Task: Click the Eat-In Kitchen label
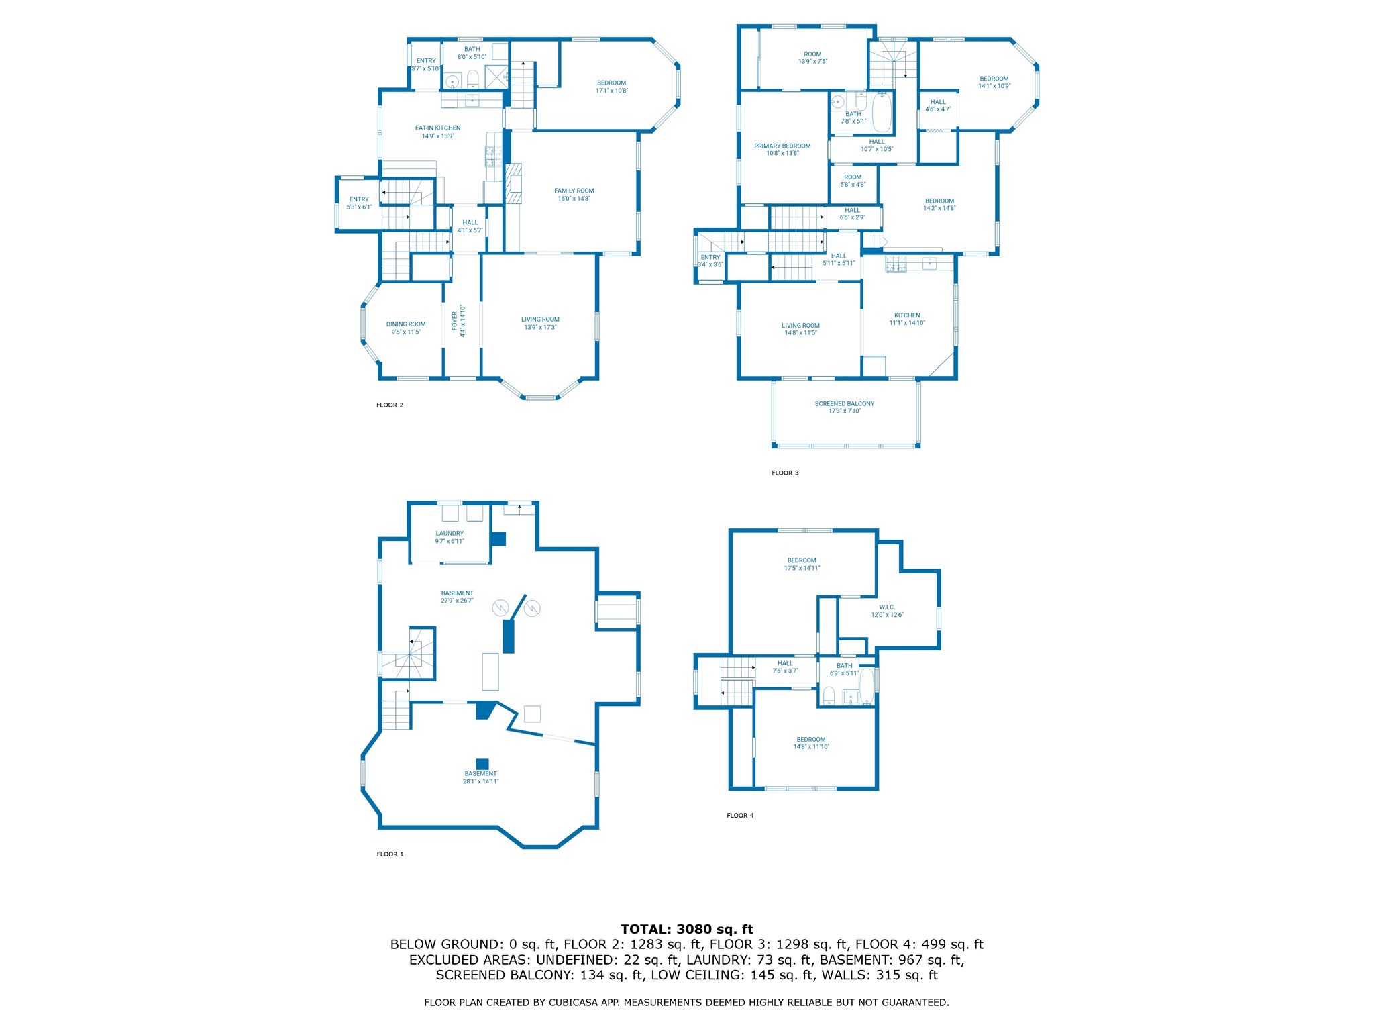pyautogui.click(x=437, y=128)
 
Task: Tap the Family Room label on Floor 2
pyautogui.click(x=574, y=191)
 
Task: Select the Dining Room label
pyautogui.click(x=406, y=324)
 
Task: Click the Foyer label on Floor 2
pyautogui.click(x=455, y=321)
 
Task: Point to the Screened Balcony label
pyautogui.click(x=844, y=403)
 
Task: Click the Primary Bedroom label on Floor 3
pyautogui.click(x=782, y=146)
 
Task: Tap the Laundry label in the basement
pyautogui.click(x=450, y=533)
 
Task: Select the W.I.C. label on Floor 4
pyautogui.click(x=887, y=607)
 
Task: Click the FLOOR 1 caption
pyautogui.click(x=390, y=854)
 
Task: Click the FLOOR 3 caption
pyautogui.click(x=785, y=473)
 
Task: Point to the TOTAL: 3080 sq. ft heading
pyautogui.click(x=686, y=929)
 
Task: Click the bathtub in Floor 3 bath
pyautogui.click(x=882, y=113)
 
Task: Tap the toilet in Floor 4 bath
pyautogui.click(x=829, y=695)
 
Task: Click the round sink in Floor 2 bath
pyautogui.click(x=452, y=82)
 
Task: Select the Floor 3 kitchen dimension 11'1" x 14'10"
pyautogui.click(x=907, y=323)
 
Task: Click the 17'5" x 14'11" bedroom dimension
pyautogui.click(x=802, y=568)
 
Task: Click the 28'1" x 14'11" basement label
pyautogui.click(x=480, y=781)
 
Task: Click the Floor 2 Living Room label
pyautogui.click(x=540, y=320)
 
